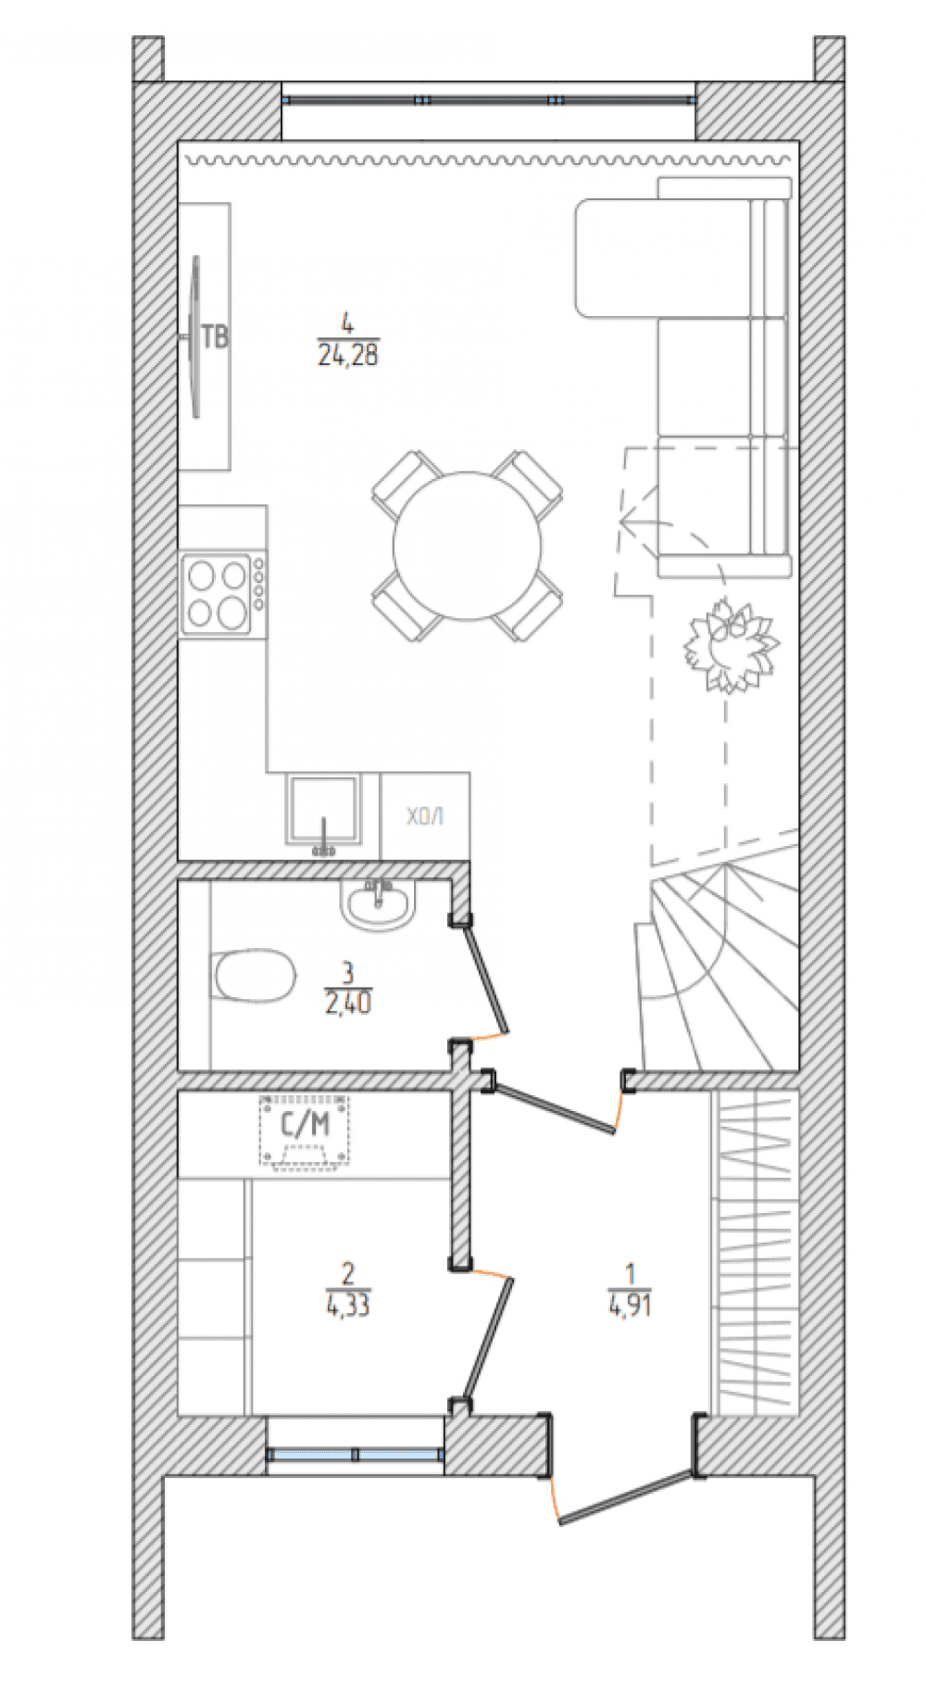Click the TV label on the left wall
pyautogui.click(x=215, y=336)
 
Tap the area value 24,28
pyautogui.click(x=348, y=355)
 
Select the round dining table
pyautogui.click(x=467, y=546)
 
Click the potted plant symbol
pyautogui.click(x=731, y=646)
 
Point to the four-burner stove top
pyautogui.click(x=218, y=593)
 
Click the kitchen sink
pyautogui.click(x=322, y=810)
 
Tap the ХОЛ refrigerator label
pyautogui.click(x=425, y=816)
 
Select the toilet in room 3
pyautogui.click(x=255, y=975)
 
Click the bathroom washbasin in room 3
pyautogui.click(x=378, y=903)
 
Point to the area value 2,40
pyautogui.click(x=348, y=1003)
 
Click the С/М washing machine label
pyautogui.click(x=305, y=1125)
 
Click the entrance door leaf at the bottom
pyautogui.click(x=626, y=1497)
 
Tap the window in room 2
pyautogui.click(x=355, y=1454)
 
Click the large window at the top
pyautogui.click(x=488, y=99)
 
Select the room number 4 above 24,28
pyautogui.click(x=348, y=324)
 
